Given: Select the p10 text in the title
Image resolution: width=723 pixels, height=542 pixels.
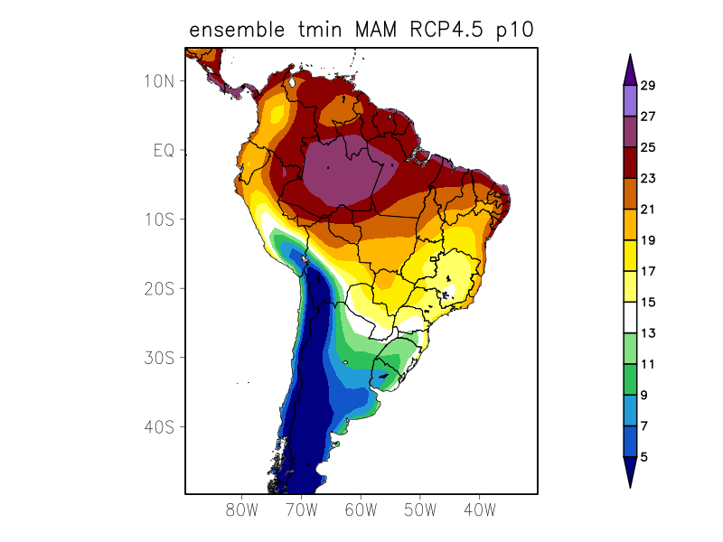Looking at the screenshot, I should coord(517,31).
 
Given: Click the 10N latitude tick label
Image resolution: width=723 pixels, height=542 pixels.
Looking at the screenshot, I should coord(159,80).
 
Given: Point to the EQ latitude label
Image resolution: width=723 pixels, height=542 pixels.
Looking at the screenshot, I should coord(163,150).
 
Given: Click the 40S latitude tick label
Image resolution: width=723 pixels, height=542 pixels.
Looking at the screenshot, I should coord(159,426).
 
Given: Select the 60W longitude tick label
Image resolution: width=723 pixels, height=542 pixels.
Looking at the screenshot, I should coord(360,509).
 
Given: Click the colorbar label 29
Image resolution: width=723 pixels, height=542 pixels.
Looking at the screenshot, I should coord(648,86).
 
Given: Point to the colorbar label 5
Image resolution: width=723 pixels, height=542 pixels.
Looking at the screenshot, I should coord(644,457).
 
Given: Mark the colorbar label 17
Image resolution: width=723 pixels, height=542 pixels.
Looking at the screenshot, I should coord(648,271).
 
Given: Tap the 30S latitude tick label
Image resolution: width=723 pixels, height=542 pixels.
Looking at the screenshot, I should coord(159,358).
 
